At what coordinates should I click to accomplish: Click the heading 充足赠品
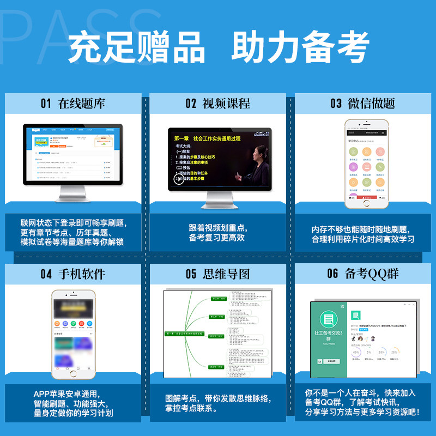point(137,48)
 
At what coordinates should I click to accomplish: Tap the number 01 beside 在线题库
point(45,104)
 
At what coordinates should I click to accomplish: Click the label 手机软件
point(82,274)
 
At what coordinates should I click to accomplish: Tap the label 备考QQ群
point(371,274)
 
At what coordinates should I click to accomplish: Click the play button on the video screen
point(179,178)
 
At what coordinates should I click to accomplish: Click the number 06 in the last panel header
point(332,274)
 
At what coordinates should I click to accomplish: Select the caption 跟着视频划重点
point(218,228)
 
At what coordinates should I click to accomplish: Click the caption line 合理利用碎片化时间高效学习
point(362,239)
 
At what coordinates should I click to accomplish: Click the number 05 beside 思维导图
point(191,274)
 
